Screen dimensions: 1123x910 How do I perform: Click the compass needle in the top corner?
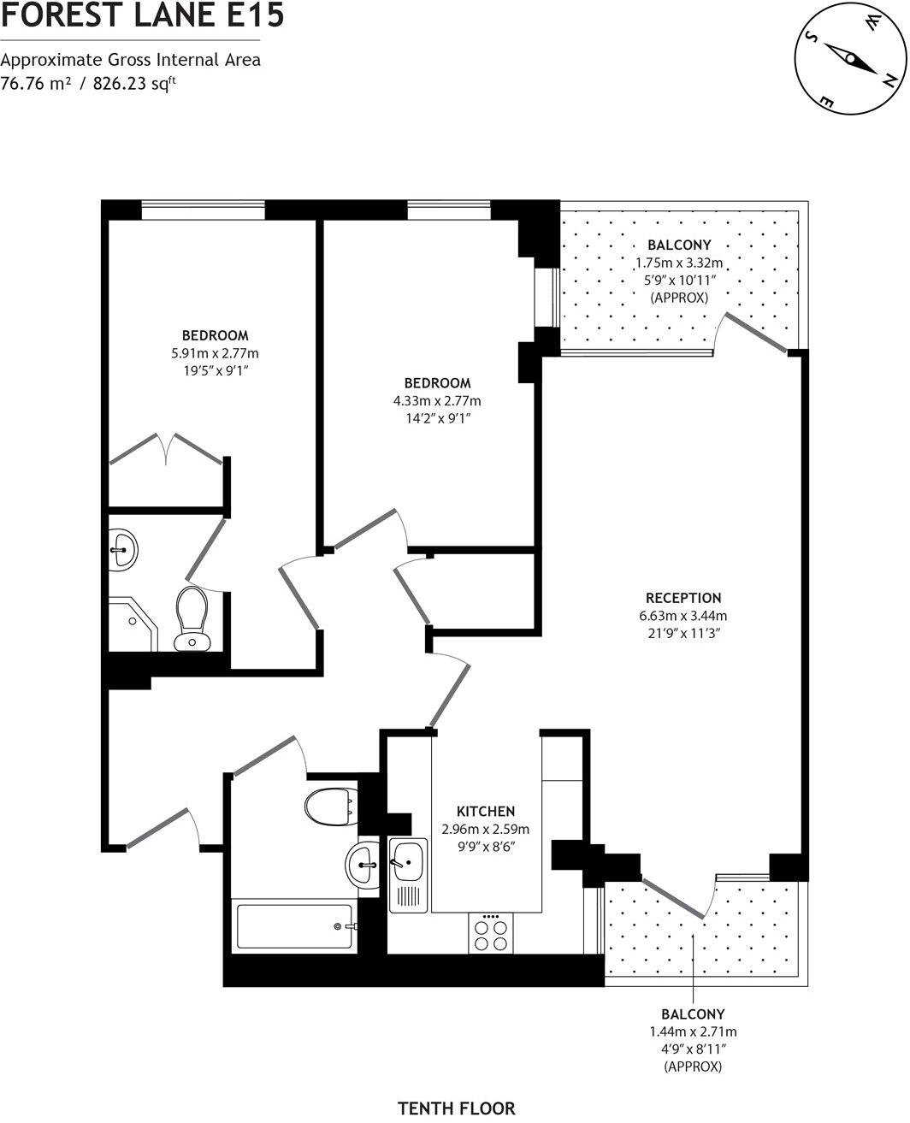tap(850, 59)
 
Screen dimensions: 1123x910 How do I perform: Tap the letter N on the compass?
tap(889, 80)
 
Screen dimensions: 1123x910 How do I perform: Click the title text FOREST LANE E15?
tap(142, 16)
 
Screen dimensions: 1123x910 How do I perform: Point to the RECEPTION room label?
tap(682, 598)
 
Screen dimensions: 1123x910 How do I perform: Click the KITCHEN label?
tap(485, 811)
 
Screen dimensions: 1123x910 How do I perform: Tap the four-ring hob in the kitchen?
tap(491, 933)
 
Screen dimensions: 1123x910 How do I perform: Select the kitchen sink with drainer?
tap(408, 873)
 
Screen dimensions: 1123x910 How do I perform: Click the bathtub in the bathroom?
tap(293, 926)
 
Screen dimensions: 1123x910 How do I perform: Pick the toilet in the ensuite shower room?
tap(192, 618)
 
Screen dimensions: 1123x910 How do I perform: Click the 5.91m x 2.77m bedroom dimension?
tap(215, 352)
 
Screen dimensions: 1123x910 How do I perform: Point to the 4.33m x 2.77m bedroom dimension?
tap(437, 400)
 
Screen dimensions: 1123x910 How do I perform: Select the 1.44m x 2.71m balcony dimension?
tap(693, 1031)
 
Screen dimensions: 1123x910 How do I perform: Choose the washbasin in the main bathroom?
tap(365, 863)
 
